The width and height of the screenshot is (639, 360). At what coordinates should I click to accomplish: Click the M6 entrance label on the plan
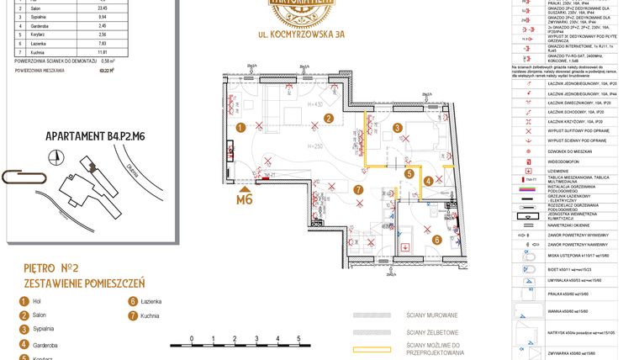[x=245, y=199]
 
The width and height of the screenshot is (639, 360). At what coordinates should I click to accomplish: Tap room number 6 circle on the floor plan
[x=436, y=239]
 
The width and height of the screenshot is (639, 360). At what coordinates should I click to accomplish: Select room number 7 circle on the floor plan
[x=357, y=190]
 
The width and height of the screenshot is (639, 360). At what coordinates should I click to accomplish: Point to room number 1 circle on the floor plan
[x=240, y=128]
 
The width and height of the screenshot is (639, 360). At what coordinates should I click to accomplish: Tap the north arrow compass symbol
[x=55, y=156]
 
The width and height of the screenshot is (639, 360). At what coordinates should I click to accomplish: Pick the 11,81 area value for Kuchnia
[x=102, y=76]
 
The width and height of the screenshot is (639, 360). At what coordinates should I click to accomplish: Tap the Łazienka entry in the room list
[x=152, y=301]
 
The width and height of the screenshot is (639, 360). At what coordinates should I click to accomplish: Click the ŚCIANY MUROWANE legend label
[x=432, y=315]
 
